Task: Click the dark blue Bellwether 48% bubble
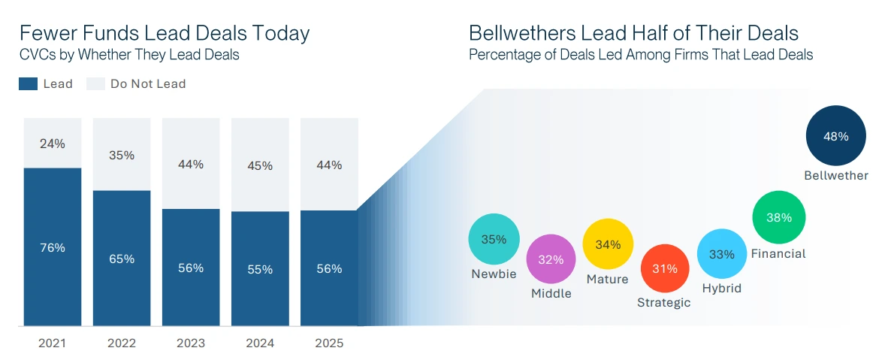point(835,137)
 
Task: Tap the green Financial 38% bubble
point(779,218)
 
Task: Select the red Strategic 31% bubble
point(665,268)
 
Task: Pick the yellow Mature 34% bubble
point(609,244)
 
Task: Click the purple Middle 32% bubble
point(551,259)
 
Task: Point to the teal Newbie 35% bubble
point(494,240)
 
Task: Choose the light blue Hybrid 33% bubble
point(722,254)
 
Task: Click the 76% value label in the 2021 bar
point(53,247)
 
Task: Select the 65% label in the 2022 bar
point(122,259)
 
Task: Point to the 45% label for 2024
point(260,166)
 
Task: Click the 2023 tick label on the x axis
point(191,343)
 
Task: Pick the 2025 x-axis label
point(329,343)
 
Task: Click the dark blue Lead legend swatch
point(28,84)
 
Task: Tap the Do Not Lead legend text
point(148,84)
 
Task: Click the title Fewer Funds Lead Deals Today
point(165,34)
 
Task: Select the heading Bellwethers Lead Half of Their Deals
point(633,34)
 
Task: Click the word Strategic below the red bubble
point(664,303)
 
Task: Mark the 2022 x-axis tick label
point(122,343)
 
